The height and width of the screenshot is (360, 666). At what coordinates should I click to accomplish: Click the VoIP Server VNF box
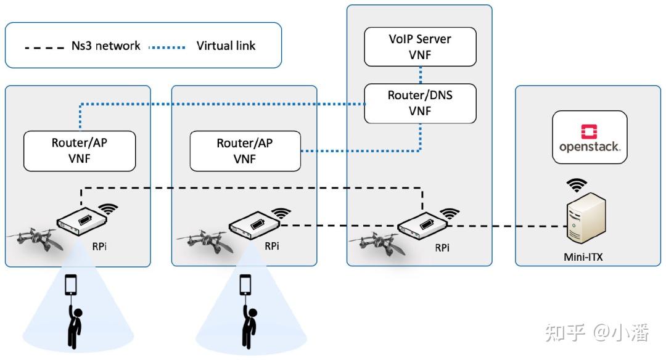pyautogui.click(x=420, y=47)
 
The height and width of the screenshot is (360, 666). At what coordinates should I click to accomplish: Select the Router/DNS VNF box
pyautogui.click(x=420, y=103)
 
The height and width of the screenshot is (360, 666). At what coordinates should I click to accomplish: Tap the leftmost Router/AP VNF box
pyautogui.click(x=80, y=150)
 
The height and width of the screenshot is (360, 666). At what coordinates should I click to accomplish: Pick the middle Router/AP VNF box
pyautogui.click(x=245, y=150)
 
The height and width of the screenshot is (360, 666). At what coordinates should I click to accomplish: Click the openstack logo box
pyautogui.click(x=590, y=137)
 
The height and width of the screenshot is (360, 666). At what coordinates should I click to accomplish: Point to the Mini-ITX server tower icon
pyautogui.click(x=586, y=217)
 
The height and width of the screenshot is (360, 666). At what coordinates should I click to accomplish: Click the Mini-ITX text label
pyautogui.click(x=583, y=257)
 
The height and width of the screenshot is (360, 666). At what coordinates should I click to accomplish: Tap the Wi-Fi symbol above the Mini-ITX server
pyautogui.click(x=577, y=186)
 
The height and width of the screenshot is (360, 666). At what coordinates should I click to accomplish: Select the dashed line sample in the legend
pyautogui.click(x=44, y=47)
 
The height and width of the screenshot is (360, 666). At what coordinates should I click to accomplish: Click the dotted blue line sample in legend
pyautogui.click(x=167, y=47)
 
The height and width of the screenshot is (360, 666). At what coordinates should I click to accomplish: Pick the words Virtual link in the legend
pyautogui.click(x=226, y=46)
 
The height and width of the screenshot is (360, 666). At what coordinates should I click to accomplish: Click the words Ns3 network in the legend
pyautogui.click(x=106, y=46)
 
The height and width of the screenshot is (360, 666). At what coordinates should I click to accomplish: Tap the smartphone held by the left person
pyautogui.click(x=71, y=284)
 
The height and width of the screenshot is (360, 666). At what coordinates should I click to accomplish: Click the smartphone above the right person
pyautogui.click(x=245, y=284)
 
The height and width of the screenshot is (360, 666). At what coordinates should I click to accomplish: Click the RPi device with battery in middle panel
pyautogui.click(x=255, y=225)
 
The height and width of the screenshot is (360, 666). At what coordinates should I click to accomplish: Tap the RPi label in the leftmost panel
pyautogui.click(x=99, y=246)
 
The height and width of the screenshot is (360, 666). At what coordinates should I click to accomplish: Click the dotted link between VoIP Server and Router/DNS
pyautogui.click(x=421, y=75)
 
